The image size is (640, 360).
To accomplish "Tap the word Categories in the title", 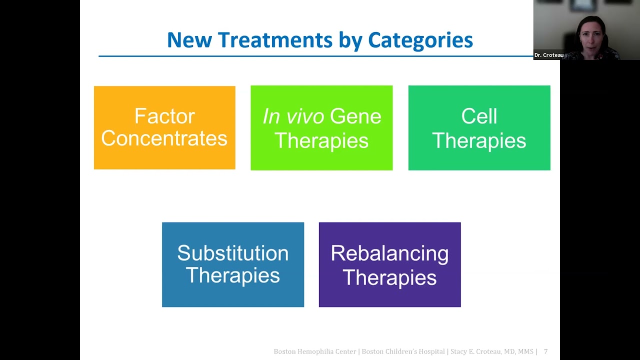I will [420, 40].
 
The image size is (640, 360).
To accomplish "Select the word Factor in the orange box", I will [164, 116].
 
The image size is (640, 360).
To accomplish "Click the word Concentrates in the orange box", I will [164, 138].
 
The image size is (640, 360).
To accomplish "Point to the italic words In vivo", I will [293, 116].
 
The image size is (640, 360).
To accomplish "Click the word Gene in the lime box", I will [355, 116].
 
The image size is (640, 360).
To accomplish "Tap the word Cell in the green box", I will [479, 116].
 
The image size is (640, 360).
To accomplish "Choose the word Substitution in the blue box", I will [233, 253].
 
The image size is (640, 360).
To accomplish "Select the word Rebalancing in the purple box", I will [389, 253].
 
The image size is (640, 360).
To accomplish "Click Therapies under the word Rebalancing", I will [389, 277].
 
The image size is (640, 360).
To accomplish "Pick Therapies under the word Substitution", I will [233, 275].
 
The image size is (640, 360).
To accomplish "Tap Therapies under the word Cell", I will [479, 140].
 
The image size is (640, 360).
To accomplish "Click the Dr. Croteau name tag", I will [548, 55].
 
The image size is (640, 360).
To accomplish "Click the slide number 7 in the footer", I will [545, 351].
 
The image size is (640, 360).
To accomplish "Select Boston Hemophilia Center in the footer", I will [315, 351].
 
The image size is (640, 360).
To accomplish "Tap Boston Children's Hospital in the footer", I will [403, 351].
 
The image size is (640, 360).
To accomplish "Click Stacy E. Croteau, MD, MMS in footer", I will [492, 351].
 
